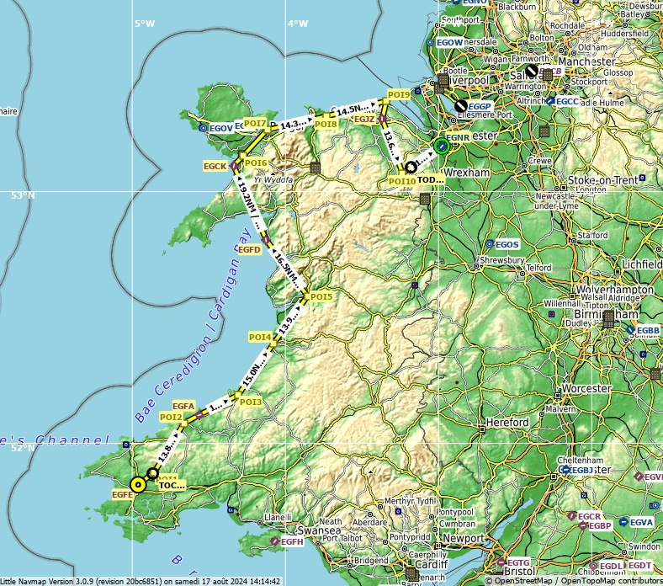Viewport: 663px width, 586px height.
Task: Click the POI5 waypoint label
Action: [321, 296]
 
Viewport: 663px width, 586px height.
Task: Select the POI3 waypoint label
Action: [251, 402]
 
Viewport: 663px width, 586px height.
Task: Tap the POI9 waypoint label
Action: [398, 93]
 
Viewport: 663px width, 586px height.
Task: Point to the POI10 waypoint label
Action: [401, 181]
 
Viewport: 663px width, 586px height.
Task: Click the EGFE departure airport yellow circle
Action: [138, 484]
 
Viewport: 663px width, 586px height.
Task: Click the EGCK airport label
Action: [215, 167]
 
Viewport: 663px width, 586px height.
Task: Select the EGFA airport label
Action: [183, 406]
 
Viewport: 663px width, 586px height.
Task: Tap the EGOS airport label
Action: [507, 244]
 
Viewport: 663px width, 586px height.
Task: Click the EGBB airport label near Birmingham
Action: [648, 331]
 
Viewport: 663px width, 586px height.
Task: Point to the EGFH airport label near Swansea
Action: [292, 541]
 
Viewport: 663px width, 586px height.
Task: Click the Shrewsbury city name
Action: [502, 261]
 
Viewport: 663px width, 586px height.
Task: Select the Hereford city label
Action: [507, 422]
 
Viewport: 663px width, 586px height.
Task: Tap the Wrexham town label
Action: [467, 173]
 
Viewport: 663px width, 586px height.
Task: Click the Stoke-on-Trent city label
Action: [603, 180]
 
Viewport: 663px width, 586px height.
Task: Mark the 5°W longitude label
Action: [145, 24]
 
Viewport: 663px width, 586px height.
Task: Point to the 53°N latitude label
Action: [23, 195]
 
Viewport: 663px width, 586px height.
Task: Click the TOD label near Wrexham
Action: [430, 179]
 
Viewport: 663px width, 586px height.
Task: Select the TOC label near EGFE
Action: [171, 485]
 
